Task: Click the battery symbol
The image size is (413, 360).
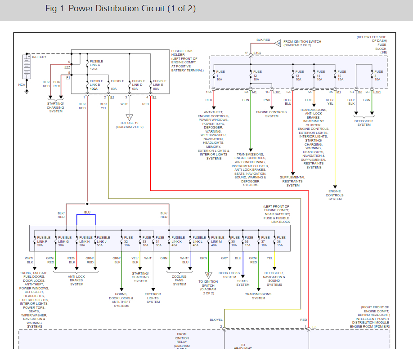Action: point(27,67)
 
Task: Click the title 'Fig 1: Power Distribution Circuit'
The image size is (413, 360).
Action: point(121,9)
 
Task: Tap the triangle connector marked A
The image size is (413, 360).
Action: point(130,117)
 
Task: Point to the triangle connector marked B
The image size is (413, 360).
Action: point(208,275)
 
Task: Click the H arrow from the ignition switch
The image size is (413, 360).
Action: point(278,43)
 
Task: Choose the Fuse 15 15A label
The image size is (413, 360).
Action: point(342,75)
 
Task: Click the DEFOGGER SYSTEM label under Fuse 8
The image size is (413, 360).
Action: point(364,123)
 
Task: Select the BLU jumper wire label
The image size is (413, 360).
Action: point(87,212)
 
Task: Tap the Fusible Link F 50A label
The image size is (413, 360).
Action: point(44,241)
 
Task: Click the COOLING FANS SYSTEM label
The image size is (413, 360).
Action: point(179,280)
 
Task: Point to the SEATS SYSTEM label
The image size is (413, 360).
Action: point(242,283)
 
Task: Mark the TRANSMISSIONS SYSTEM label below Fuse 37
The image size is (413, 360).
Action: point(258,296)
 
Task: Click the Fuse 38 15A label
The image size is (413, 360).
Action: point(281,241)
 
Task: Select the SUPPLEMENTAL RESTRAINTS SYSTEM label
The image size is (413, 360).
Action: point(293,181)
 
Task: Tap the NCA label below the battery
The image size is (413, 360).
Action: point(22,84)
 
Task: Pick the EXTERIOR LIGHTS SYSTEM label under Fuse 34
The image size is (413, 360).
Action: point(153,298)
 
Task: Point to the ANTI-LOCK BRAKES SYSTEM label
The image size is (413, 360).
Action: point(76,280)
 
